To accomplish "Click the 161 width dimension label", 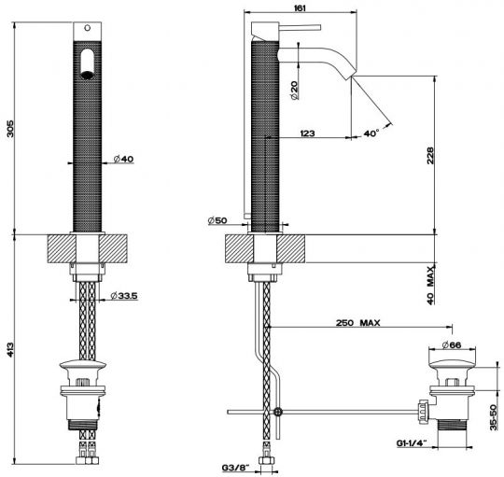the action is (x=300, y=7).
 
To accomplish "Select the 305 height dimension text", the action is (x=10, y=129).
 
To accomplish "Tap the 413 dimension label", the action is (x=10, y=350).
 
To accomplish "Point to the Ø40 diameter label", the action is (x=123, y=159).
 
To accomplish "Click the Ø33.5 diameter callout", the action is (x=124, y=295).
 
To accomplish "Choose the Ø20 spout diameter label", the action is (x=294, y=90).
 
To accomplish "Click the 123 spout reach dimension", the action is (x=307, y=133).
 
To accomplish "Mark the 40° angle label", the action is (x=371, y=133).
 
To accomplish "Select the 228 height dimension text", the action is (x=430, y=156).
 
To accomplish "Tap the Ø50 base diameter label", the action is (x=217, y=220).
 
